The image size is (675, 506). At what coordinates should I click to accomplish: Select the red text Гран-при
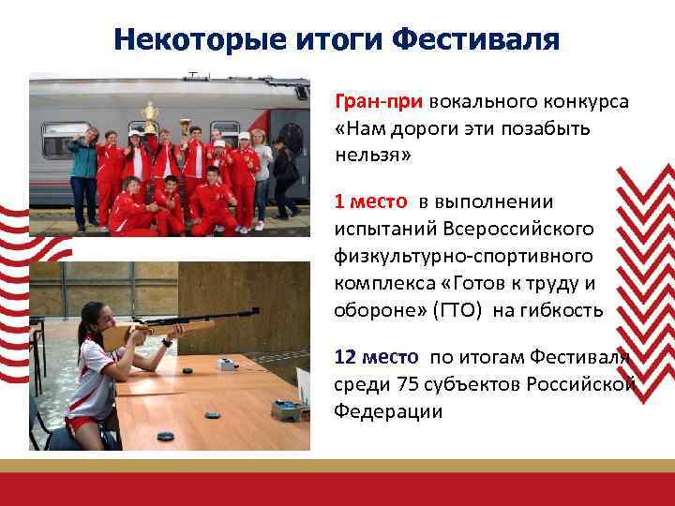[x=380, y=101]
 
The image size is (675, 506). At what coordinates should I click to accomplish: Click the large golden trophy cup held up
[x=148, y=116]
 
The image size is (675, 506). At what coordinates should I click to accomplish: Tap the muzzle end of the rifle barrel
[x=256, y=310]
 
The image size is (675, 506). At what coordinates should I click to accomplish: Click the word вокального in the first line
[x=478, y=101]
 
